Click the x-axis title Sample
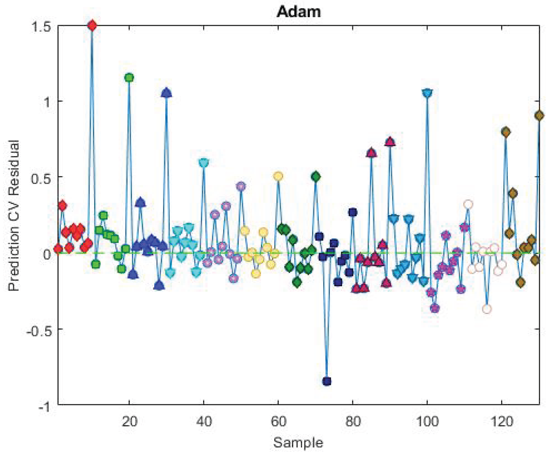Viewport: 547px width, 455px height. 298,442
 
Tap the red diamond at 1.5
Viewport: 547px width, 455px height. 92,25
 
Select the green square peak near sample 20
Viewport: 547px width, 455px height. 129,78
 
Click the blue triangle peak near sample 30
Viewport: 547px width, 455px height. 166,93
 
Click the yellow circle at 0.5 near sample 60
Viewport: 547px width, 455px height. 278,176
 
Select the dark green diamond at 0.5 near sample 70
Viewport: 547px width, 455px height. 316,177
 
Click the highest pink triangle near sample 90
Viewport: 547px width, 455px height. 390,142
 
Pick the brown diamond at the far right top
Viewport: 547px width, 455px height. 539,115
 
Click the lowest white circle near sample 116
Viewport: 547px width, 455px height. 487,309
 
